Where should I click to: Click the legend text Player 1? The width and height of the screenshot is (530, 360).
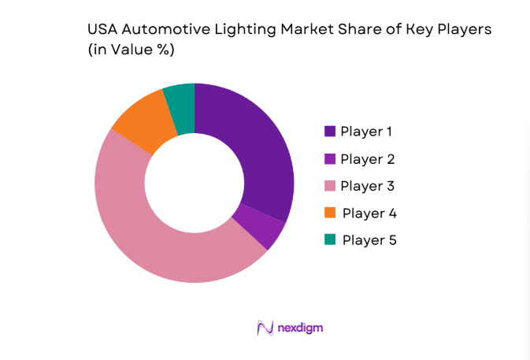point(367,132)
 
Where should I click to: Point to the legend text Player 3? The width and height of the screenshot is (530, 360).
point(367,186)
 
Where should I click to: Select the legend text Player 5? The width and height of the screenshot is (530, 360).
point(369,239)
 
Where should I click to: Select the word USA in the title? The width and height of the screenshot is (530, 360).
point(102,30)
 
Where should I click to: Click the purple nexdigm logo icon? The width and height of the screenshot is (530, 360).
point(265,328)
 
